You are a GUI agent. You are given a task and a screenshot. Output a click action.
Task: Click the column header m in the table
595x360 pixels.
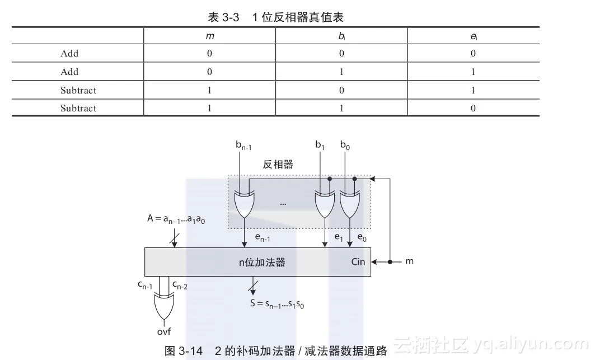point(210,36)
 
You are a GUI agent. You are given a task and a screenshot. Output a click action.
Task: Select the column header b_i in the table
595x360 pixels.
point(341,36)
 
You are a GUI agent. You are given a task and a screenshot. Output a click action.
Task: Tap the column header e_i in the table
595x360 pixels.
point(474,36)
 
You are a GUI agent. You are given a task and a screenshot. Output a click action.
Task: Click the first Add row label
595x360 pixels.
point(69,54)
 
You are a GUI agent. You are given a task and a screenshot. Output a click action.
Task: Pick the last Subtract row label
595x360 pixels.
point(78,108)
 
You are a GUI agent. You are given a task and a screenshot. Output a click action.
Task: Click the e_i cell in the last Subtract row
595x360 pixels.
point(474,108)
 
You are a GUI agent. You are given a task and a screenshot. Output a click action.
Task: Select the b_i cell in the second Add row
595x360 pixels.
point(341,72)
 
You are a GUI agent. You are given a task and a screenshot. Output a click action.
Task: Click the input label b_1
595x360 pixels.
point(320,145)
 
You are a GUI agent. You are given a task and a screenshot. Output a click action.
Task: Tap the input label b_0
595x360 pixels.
point(345,145)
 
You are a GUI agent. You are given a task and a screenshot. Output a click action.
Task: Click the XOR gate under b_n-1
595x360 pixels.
point(245,205)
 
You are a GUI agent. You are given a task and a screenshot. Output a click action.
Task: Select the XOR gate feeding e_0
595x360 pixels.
point(350,205)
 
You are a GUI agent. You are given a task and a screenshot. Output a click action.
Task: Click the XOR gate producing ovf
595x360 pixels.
point(163,306)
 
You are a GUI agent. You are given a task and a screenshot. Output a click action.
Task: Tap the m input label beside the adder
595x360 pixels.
point(409,261)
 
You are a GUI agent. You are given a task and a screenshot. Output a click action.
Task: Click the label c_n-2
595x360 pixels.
point(180,286)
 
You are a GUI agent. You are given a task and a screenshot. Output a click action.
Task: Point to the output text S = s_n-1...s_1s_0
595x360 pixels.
point(278,305)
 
